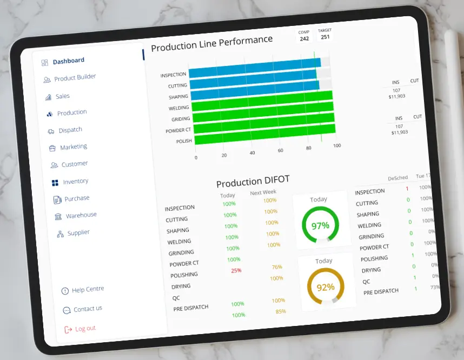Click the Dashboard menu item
tap(68, 61)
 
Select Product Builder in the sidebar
tap(75, 78)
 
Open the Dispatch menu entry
tap(70, 130)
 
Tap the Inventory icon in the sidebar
tap(55, 183)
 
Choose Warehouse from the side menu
tap(81, 216)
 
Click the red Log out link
tap(85, 329)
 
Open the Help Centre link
tap(88, 290)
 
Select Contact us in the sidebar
tap(88, 309)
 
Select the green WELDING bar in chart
tap(262, 106)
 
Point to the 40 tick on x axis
tap(252, 153)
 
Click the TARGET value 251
tap(324, 37)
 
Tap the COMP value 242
tap(304, 38)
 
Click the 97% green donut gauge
tap(320, 225)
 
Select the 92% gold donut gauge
tap(325, 287)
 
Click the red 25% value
tap(236, 270)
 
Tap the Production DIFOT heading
tap(253, 181)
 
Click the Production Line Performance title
tap(211, 43)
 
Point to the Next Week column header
tap(263, 192)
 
